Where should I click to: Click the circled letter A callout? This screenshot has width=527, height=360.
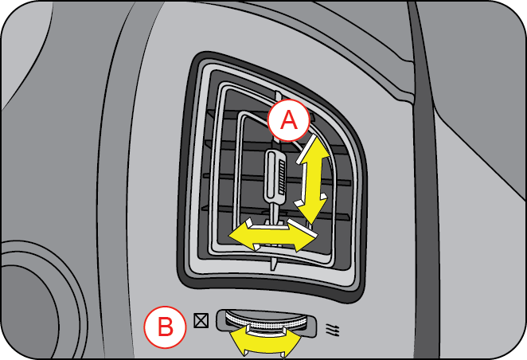coord(287,121)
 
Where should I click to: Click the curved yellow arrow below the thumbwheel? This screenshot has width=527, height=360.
coord(266,340)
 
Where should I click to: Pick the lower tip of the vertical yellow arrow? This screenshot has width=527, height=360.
coord(306,220)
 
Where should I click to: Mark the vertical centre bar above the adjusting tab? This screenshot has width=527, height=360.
coord(272,135)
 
